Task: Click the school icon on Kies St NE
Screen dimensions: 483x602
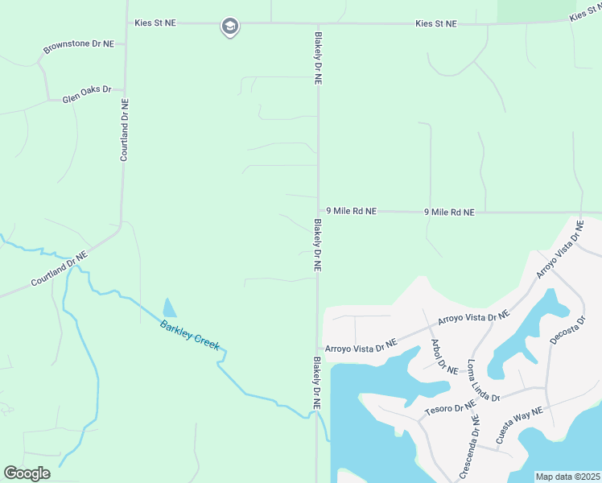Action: point(229,27)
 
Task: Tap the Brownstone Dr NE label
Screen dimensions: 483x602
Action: point(78,47)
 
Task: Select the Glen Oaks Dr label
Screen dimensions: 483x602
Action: point(86,95)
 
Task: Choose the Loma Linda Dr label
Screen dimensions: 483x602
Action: point(484,382)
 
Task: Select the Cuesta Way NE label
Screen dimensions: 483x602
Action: point(520,426)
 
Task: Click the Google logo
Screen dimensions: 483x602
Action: point(27,473)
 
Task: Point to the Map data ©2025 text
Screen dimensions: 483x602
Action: point(568,477)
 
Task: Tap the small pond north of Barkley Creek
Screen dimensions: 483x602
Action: point(169,308)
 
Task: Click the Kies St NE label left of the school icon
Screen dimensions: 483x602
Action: point(156,23)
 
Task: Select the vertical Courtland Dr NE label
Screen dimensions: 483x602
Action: point(125,130)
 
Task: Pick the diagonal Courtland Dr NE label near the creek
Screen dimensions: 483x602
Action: point(59,269)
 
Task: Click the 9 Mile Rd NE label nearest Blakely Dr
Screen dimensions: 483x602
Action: point(352,211)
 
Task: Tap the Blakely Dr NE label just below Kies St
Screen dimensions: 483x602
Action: point(318,59)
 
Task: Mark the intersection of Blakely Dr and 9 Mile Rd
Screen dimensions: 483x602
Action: point(318,211)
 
